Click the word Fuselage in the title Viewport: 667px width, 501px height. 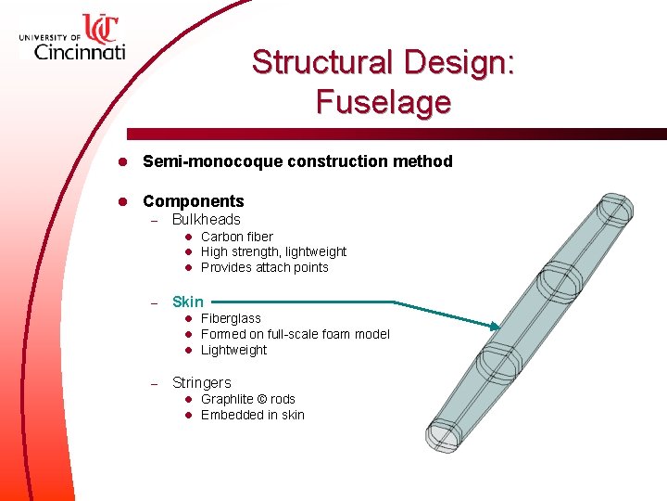click(x=383, y=101)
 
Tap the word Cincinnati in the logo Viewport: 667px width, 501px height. click(x=79, y=51)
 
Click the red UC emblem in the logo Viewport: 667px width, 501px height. click(x=99, y=27)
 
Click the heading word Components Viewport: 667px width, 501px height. click(x=193, y=201)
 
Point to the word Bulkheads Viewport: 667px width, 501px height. click(x=206, y=220)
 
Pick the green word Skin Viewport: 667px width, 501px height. click(x=187, y=302)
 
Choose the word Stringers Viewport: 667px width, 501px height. click(x=201, y=383)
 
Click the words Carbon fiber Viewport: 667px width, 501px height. click(x=236, y=237)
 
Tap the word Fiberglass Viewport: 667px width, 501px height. click(x=231, y=318)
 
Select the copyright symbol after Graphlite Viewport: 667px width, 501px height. click(x=262, y=399)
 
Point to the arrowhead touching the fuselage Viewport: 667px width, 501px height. click(x=495, y=327)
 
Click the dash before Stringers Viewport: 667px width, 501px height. click(x=156, y=383)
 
